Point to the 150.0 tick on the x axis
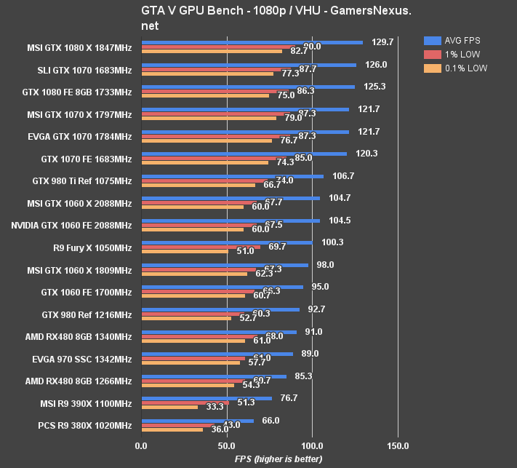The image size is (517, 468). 398,445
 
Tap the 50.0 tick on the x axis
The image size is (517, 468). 227,445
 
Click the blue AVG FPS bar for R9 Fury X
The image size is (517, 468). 226,242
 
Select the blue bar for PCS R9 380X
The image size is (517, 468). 197,421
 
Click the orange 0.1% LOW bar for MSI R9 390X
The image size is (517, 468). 169,407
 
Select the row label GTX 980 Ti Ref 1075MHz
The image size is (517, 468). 82,181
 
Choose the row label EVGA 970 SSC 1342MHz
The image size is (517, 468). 82,359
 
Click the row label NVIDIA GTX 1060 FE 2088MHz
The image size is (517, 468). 71,226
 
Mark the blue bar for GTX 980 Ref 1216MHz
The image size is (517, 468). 220,309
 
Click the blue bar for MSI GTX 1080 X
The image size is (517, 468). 252,42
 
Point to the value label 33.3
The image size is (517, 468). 215,407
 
